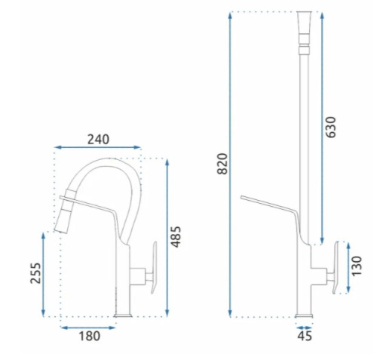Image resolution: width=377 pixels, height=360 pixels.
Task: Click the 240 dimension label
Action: click(98, 140)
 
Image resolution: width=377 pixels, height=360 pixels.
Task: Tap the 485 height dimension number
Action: click(176, 237)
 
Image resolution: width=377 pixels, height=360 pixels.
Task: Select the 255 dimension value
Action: click(35, 273)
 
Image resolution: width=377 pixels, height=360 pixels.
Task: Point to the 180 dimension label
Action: click(90, 336)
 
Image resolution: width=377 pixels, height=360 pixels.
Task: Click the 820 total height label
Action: click(222, 164)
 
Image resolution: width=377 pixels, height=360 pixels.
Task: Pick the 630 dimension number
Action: click(330, 127)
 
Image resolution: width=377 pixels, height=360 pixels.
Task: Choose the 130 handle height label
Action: click(357, 266)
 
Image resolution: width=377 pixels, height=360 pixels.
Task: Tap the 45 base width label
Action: click(305, 336)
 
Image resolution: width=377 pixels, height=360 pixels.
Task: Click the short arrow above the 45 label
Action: click(304, 328)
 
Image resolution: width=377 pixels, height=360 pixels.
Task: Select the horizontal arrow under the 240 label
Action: click(97, 147)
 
